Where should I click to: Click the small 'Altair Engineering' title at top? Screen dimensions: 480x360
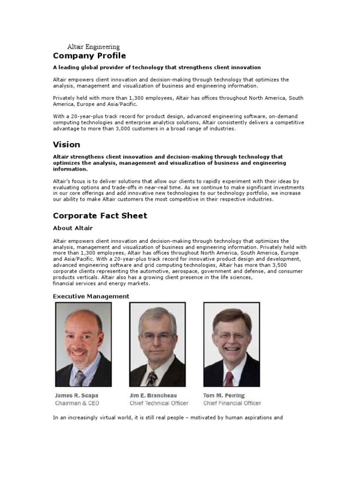tap(93, 47)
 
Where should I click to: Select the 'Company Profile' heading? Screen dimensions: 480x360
tap(89, 56)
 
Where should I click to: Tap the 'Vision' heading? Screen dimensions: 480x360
tap(66, 144)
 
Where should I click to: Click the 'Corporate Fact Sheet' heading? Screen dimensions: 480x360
tap(100, 216)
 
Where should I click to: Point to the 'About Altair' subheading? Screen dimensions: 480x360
tap(73, 228)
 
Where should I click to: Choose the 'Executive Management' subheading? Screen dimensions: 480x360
tap(91, 296)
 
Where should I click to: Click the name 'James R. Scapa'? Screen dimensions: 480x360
tap(76, 396)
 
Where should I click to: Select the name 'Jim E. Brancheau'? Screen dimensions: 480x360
tap(153, 396)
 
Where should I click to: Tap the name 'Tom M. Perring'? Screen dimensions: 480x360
tap(224, 396)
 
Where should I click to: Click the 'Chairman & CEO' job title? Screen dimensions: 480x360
tap(77, 403)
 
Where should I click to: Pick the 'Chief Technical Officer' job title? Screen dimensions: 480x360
tap(159, 403)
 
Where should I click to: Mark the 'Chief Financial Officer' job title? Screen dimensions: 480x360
tap(232, 403)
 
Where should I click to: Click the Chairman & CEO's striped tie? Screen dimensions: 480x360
tap(80, 377)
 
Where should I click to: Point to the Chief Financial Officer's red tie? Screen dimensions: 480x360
tap(229, 378)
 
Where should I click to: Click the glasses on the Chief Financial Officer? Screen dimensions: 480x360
tap(230, 336)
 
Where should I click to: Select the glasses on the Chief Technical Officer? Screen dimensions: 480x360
tap(157, 337)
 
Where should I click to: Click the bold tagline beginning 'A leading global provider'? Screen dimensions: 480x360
tap(157, 67)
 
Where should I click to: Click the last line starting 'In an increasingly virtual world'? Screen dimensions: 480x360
tap(167, 418)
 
